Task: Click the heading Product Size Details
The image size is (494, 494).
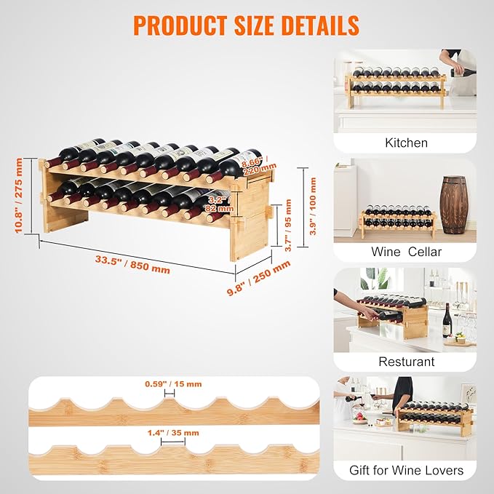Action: (246, 25)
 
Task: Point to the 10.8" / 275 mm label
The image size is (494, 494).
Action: (18, 196)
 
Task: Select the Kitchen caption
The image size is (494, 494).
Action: (406, 143)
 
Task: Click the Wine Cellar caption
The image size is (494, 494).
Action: (406, 252)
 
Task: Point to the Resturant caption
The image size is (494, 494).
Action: (406, 362)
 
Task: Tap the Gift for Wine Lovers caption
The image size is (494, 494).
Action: (406, 471)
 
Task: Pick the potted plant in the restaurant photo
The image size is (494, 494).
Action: (376, 279)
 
